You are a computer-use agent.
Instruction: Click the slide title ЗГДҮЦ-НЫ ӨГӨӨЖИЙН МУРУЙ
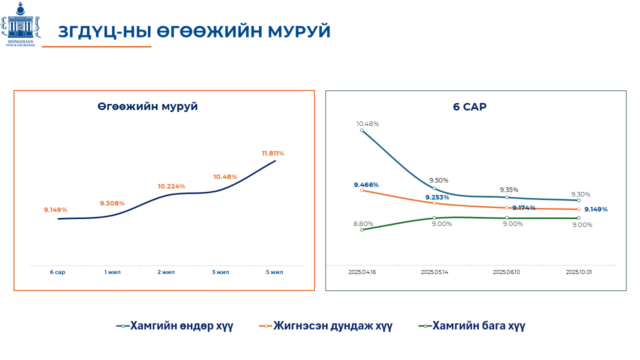tap(194, 31)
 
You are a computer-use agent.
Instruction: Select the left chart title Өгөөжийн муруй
tap(147, 106)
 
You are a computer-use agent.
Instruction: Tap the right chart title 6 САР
tap(469, 106)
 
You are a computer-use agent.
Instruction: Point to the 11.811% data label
tap(273, 153)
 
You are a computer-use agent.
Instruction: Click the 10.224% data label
tap(171, 186)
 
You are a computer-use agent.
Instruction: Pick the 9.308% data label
tap(112, 203)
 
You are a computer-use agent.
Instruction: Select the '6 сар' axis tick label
tap(57, 272)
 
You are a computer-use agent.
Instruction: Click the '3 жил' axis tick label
tap(220, 272)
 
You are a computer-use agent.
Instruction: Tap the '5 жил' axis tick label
tap(274, 272)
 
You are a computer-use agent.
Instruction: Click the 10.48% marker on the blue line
tap(361, 130)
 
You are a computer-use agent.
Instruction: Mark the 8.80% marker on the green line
tap(361, 229)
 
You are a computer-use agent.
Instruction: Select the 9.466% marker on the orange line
tap(361, 190)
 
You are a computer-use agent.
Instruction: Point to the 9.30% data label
tap(581, 194)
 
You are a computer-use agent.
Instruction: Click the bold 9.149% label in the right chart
tap(595, 209)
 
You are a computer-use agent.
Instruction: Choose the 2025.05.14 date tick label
tap(434, 272)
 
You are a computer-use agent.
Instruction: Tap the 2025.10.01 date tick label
tap(578, 272)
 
